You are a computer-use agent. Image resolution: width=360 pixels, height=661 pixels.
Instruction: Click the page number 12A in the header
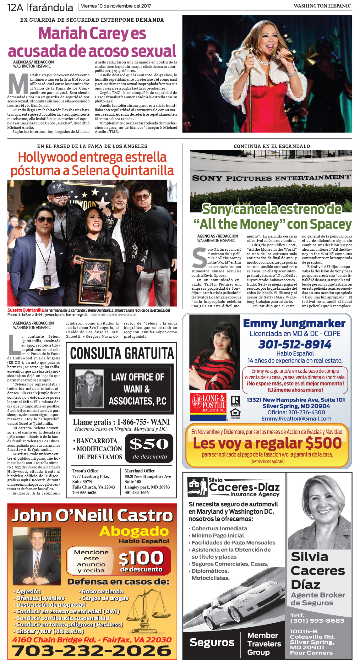tap(15, 7)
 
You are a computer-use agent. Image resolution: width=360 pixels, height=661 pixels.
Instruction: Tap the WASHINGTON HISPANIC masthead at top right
tap(322, 6)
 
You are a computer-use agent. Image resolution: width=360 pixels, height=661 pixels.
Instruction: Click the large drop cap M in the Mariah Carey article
tap(18, 84)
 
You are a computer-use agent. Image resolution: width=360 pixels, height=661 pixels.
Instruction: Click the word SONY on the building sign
tap(207, 178)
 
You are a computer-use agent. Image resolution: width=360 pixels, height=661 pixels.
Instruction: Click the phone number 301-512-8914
tap(295, 344)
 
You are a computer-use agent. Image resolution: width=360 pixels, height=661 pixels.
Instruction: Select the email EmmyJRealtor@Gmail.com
tap(296, 418)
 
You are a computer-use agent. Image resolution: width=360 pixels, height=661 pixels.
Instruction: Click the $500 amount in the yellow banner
tap(323, 443)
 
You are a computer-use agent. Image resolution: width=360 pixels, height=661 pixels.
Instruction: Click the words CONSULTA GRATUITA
tap(122, 353)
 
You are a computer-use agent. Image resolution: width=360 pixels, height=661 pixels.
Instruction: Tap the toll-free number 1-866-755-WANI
tap(143, 422)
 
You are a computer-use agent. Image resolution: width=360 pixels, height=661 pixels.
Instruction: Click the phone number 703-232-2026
tap(91, 650)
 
